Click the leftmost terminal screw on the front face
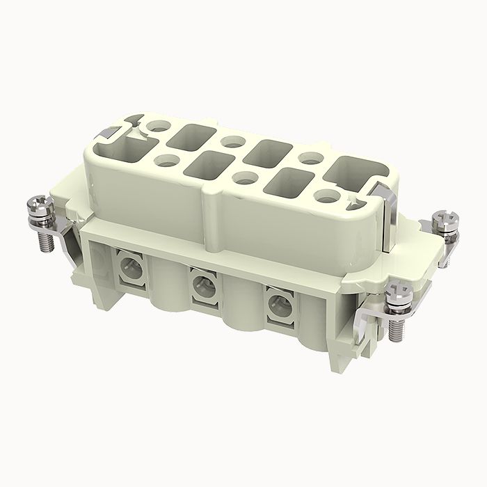tap(129, 265)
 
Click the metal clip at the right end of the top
tap(381, 198)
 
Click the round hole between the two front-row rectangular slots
tap(243, 176)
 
